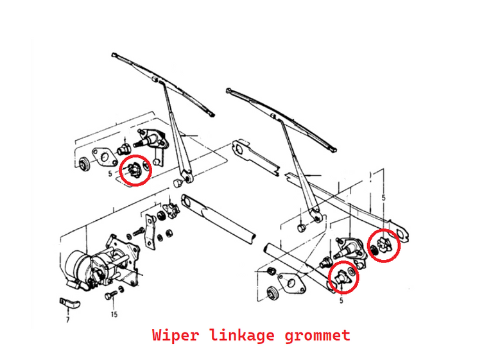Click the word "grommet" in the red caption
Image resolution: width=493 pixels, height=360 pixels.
click(x=319, y=335)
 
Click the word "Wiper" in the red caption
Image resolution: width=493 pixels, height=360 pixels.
click(x=175, y=335)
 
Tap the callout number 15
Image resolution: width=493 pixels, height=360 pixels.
click(x=114, y=314)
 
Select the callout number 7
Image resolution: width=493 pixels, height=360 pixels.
click(x=67, y=319)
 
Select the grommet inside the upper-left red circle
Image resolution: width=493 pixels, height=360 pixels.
click(x=135, y=170)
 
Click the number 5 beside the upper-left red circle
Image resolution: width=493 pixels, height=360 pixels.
click(x=110, y=173)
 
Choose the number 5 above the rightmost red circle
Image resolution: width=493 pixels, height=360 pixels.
click(x=383, y=198)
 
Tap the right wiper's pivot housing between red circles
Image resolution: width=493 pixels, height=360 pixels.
click(x=352, y=247)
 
